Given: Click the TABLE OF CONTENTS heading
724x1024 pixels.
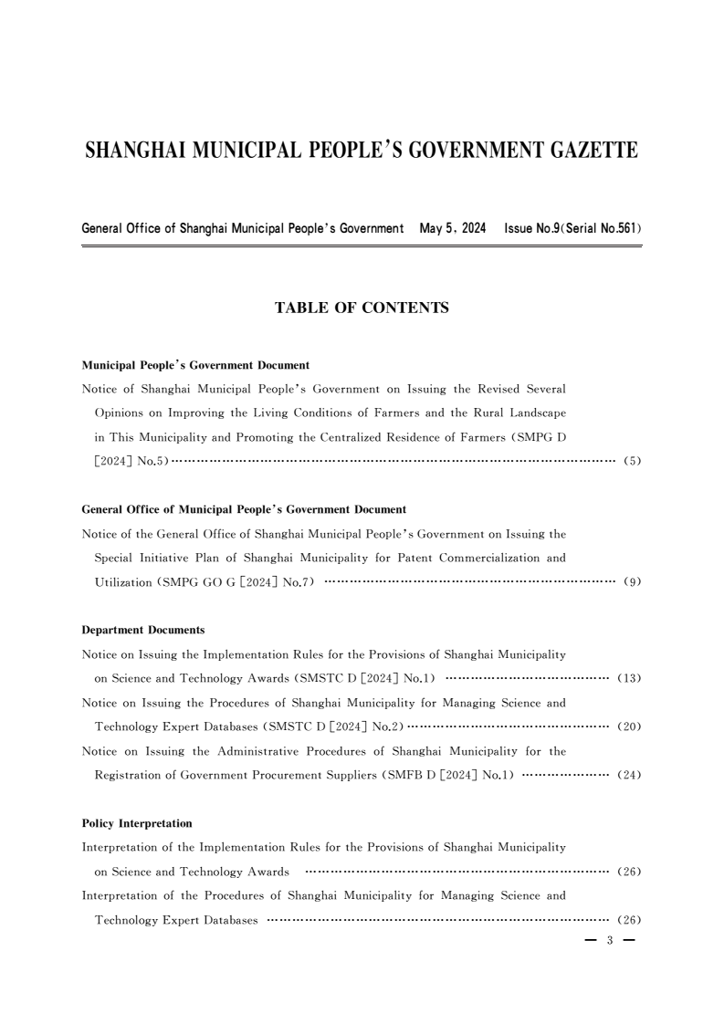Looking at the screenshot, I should pyautogui.click(x=362, y=308).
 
